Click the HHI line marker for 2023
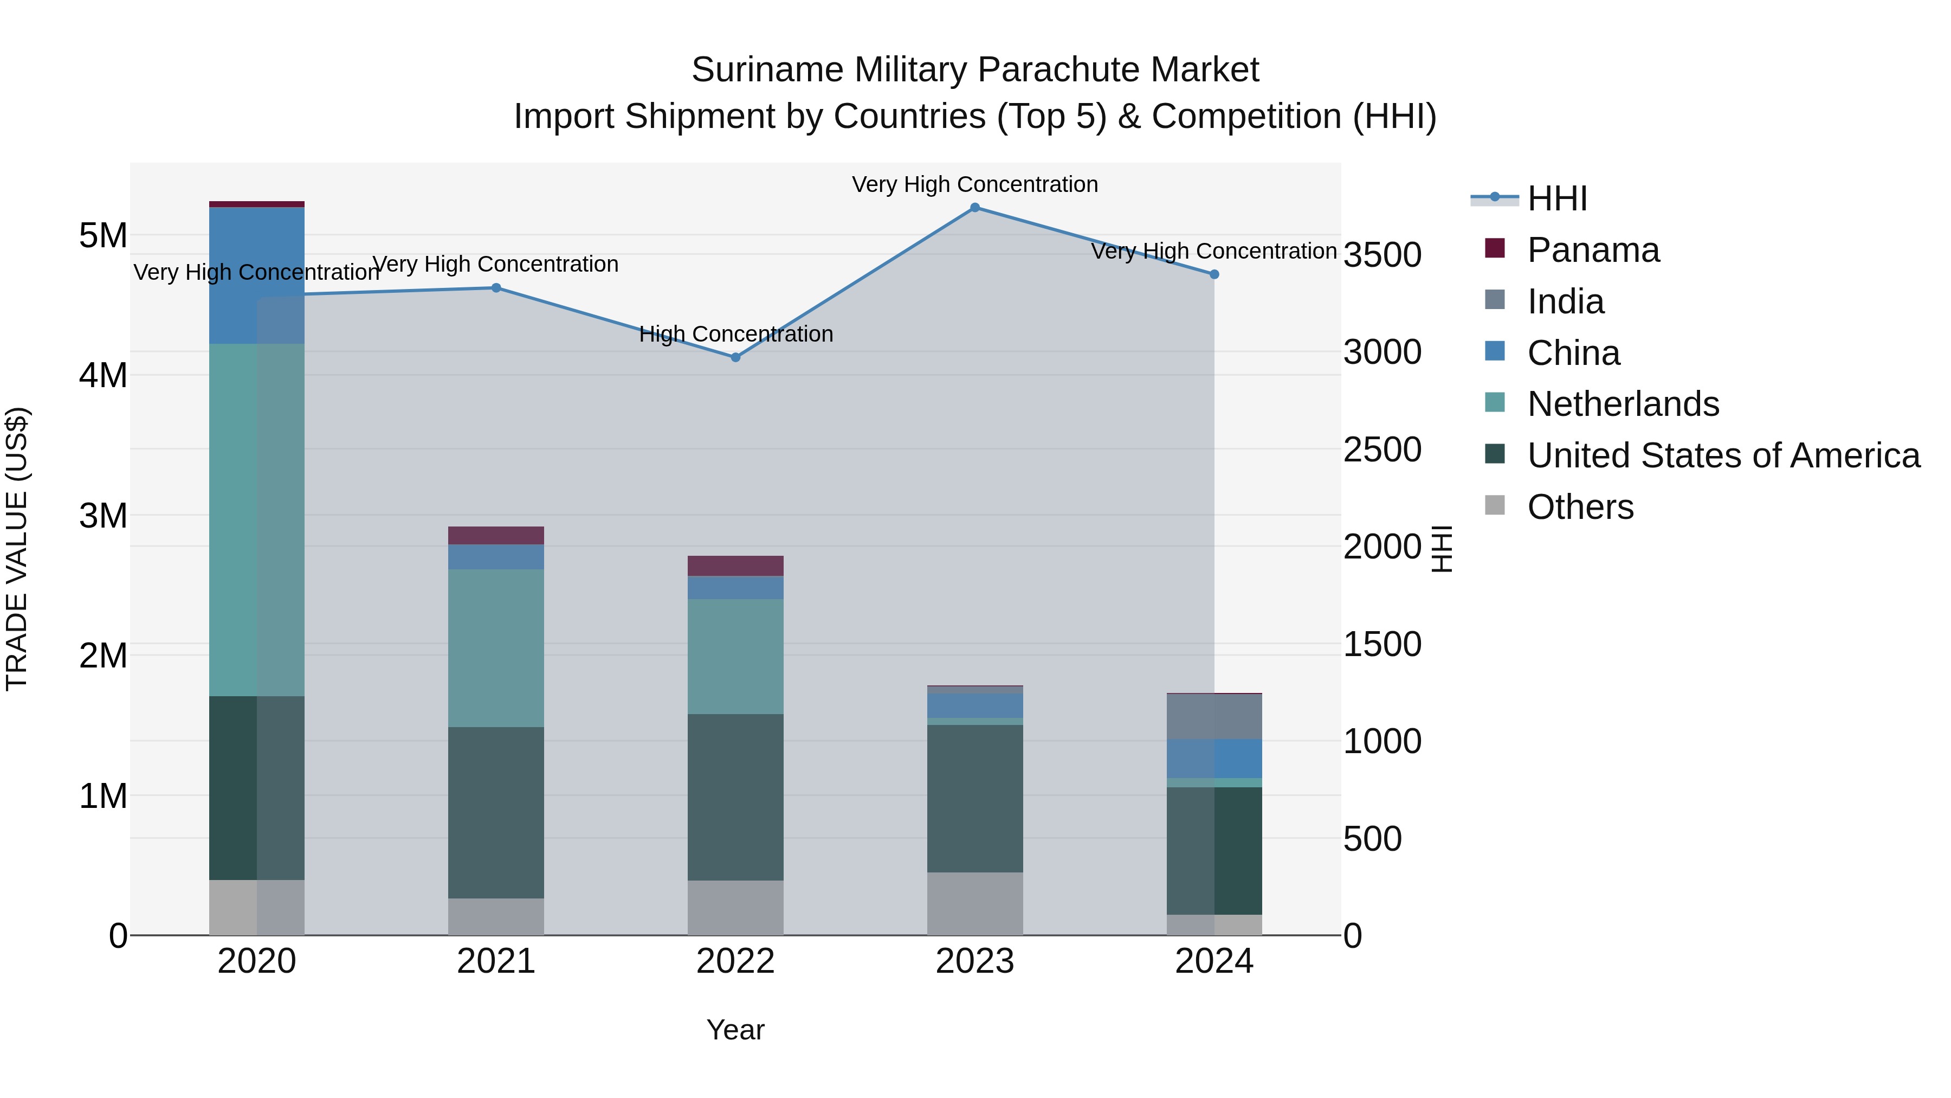[x=975, y=208]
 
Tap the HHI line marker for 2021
[x=496, y=288]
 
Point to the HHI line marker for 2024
[x=1214, y=274]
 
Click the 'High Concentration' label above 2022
[x=735, y=334]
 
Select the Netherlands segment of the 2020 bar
[x=257, y=520]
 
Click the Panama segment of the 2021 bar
[x=496, y=536]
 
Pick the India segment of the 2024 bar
[x=1214, y=717]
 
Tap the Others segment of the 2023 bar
[x=975, y=903]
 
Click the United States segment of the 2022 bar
[x=735, y=797]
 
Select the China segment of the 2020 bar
[x=257, y=276]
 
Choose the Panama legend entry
[x=1593, y=250]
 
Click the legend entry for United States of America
[x=1723, y=455]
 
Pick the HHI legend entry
[x=1556, y=198]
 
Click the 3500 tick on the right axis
[x=1382, y=255]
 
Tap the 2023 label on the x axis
[x=975, y=961]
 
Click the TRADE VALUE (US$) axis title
[x=17, y=549]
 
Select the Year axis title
[x=735, y=1030]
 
